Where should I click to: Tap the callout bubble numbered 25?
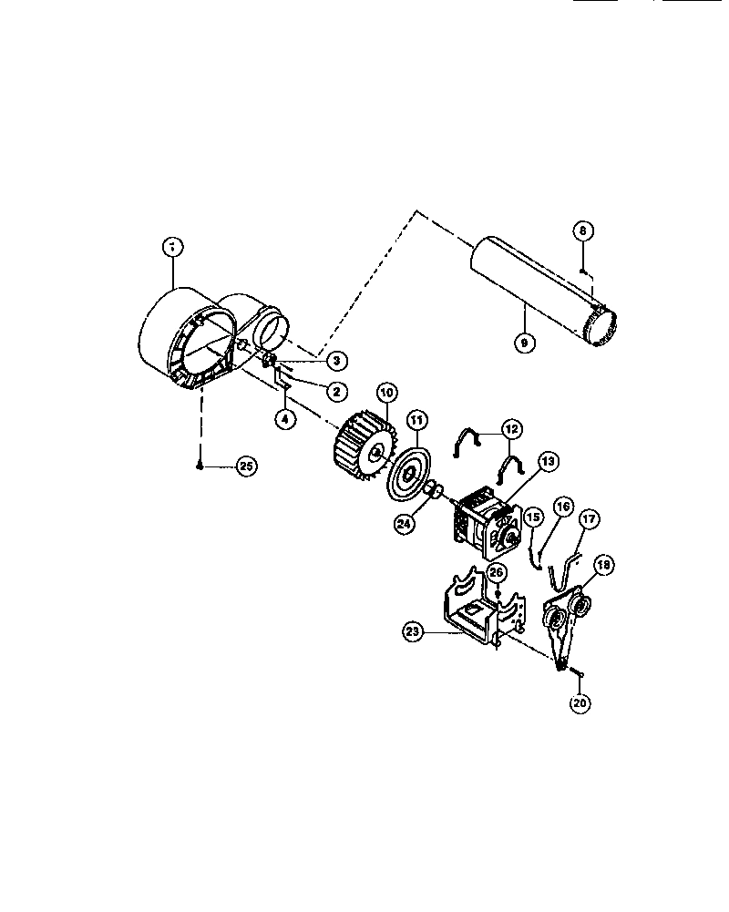pos(245,466)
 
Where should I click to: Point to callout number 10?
pos(386,393)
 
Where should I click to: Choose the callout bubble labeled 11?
pos(416,420)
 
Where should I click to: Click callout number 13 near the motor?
pos(548,463)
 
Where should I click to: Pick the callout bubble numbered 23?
pos(413,629)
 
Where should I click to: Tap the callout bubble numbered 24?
pos(404,523)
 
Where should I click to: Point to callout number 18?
pos(602,565)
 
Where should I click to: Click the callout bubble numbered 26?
pos(497,572)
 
